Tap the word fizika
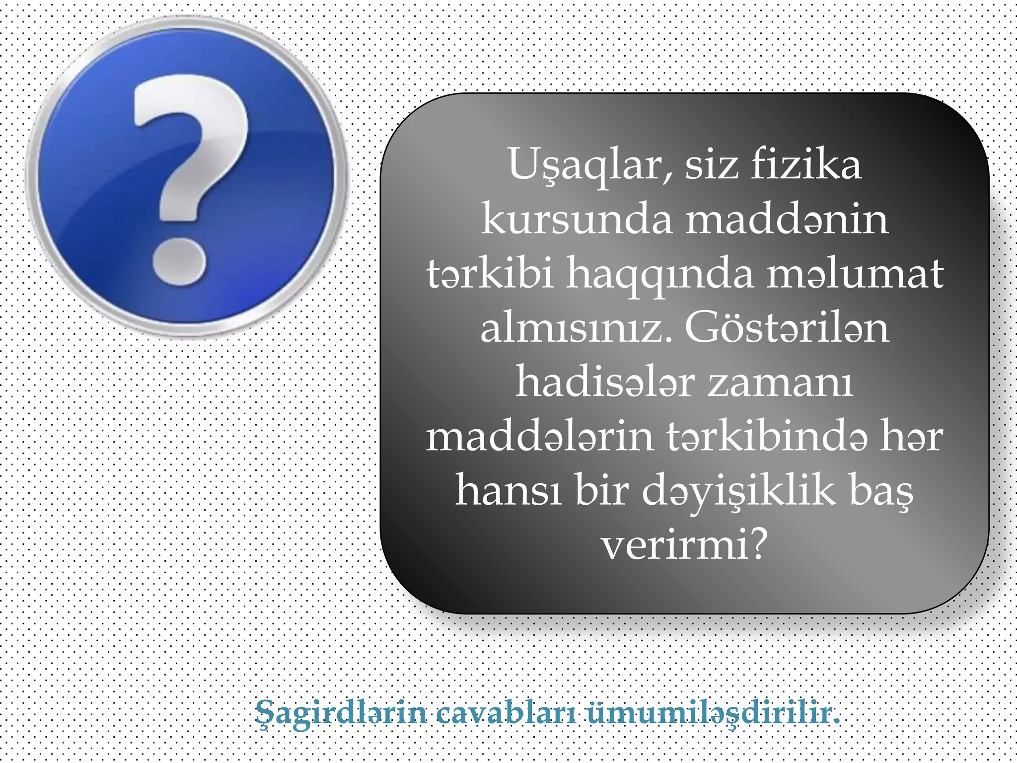point(805,164)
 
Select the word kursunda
point(577,219)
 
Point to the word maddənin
point(787,219)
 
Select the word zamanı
point(780,382)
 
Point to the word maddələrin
point(539,437)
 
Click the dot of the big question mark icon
point(179,262)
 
